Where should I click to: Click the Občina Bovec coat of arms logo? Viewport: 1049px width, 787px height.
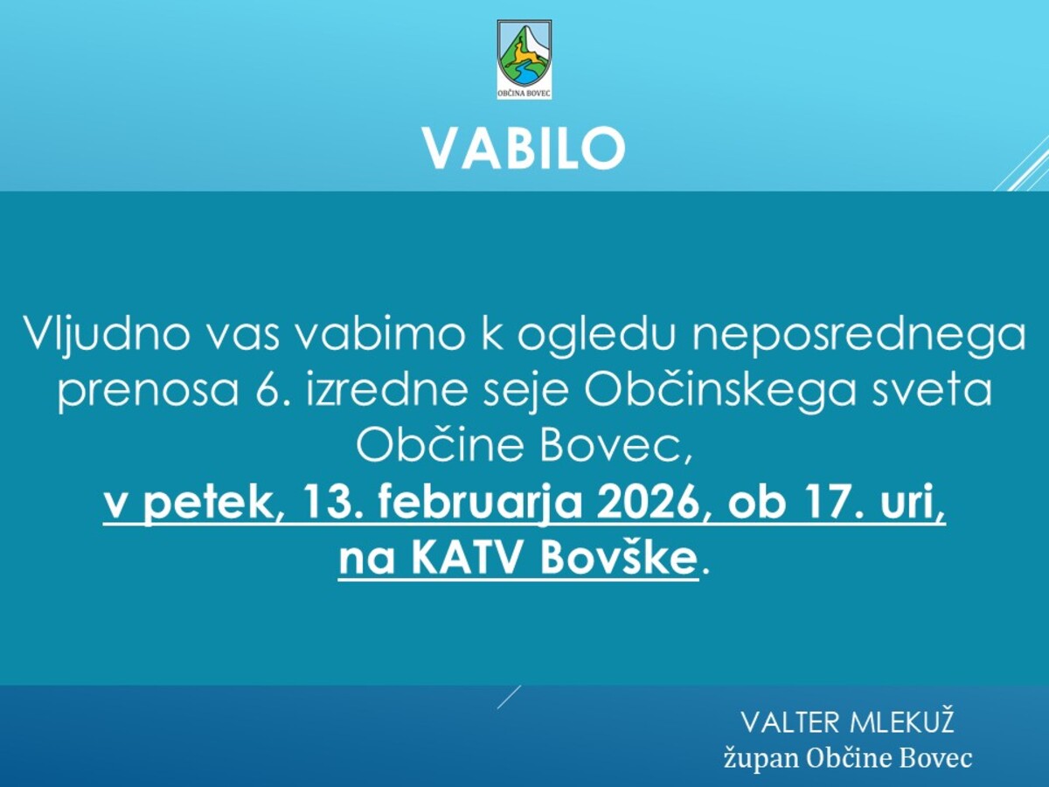(524, 59)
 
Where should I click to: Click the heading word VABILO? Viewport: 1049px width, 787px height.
(524, 149)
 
